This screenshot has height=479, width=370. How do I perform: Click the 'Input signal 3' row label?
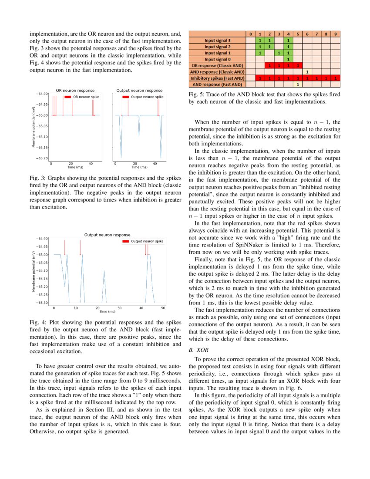(217, 40)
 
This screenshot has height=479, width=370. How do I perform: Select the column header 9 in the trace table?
(335, 34)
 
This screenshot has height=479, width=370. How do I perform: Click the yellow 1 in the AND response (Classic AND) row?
(307, 71)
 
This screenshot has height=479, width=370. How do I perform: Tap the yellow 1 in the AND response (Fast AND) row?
(297, 84)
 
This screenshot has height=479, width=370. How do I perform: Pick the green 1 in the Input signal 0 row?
(288, 59)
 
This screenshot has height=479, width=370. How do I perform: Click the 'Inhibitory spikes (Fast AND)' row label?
(216, 78)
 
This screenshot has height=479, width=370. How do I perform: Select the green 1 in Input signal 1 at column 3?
(279, 53)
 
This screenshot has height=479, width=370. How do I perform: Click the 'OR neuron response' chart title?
(73, 90)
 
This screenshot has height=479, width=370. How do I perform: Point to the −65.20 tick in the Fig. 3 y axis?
(43, 159)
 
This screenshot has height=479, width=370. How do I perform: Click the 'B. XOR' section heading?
(197, 350)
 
